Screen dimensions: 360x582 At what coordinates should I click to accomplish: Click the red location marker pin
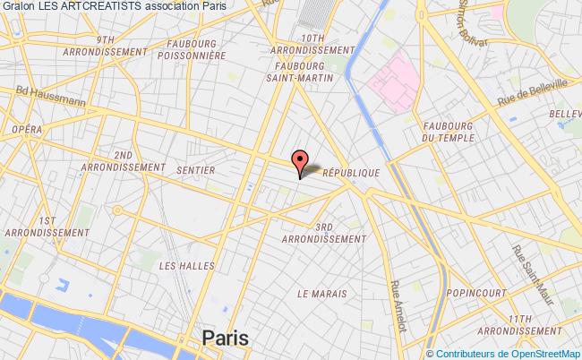click(x=300, y=161)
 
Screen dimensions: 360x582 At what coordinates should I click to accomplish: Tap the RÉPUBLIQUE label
click(x=352, y=173)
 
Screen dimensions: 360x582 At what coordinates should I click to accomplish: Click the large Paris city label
click(x=227, y=339)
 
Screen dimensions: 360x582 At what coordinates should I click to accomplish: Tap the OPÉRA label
click(x=28, y=129)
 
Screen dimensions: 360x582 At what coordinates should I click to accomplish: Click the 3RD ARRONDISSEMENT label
click(x=323, y=234)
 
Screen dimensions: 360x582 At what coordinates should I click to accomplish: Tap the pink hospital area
click(x=390, y=82)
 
